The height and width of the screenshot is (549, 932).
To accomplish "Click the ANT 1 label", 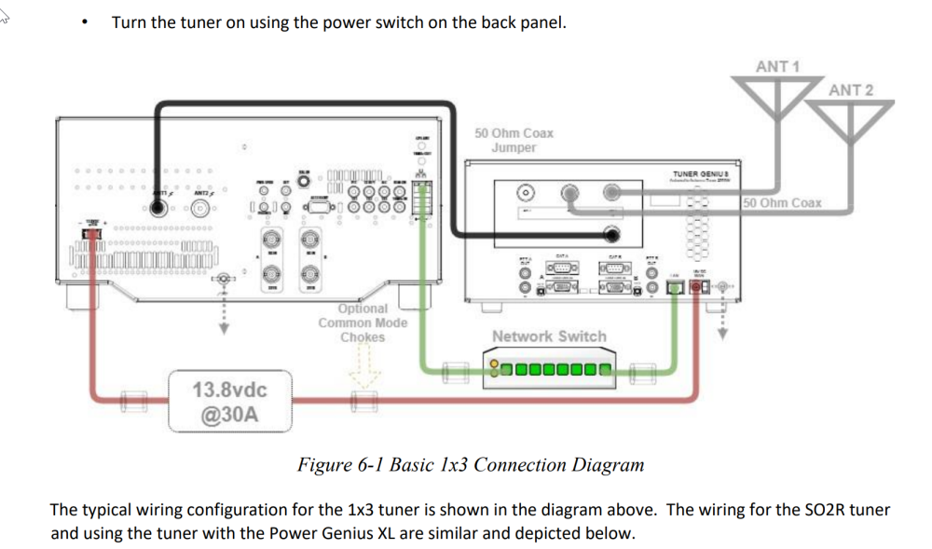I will (x=778, y=66).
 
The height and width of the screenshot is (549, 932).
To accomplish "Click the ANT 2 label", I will (x=851, y=90).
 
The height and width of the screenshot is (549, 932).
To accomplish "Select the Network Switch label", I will (x=549, y=336).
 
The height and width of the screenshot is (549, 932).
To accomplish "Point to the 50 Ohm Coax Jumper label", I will (x=514, y=141).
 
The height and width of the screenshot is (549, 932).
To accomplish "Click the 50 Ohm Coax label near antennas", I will (x=783, y=202).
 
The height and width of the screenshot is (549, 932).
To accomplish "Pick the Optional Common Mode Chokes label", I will (x=363, y=323).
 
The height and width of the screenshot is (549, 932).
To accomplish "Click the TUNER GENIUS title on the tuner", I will (x=700, y=173).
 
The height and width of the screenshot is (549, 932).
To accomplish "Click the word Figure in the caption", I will (x=322, y=464).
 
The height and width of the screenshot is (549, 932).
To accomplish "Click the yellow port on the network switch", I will (x=493, y=370).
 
